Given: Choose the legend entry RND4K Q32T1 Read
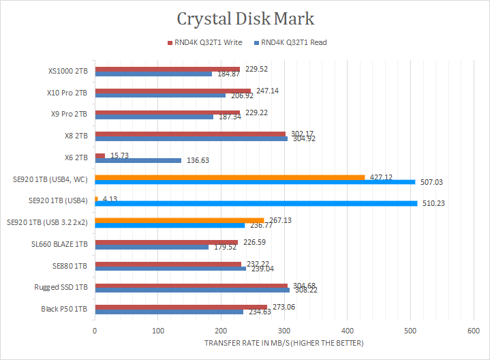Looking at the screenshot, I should point(294,42).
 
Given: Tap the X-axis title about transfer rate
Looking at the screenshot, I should point(284,342).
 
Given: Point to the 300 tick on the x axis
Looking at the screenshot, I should point(284,330).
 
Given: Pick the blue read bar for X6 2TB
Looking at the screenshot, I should point(138,160).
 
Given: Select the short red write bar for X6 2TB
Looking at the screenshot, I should point(100,155).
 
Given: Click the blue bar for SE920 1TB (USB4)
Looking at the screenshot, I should point(256,203).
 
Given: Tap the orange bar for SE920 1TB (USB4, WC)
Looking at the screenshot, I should point(230,177).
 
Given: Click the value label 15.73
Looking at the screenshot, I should point(119,155).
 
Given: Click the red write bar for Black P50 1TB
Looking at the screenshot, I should point(181,307).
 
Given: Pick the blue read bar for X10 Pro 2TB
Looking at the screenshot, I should point(160,95).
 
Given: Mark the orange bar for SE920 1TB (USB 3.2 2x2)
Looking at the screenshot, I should point(179,220).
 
